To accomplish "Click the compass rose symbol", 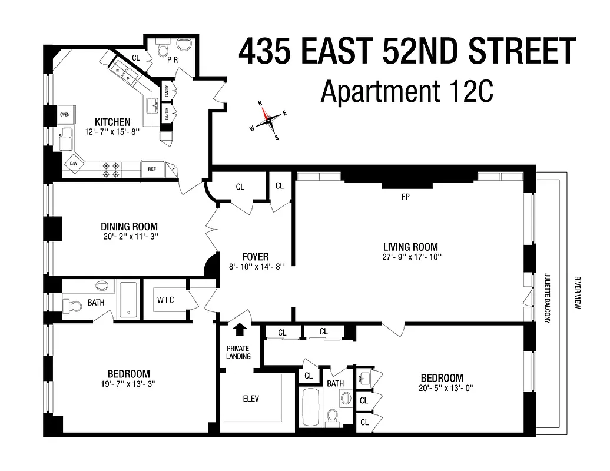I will click(268, 120).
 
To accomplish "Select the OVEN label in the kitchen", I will click(65, 114).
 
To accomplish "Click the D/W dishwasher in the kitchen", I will click(74, 164).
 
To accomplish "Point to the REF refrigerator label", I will click(152, 169).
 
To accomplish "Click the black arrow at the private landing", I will click(240, 330).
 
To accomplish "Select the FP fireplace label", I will click(405, 197).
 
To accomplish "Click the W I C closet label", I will click(165, 300).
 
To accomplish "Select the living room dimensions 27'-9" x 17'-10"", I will click(410, 257).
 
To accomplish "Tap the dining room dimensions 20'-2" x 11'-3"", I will click(129, 236).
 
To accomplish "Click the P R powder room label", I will click(173, 60).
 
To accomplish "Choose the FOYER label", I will click(255, 257).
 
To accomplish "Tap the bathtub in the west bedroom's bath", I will click(127, 300).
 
